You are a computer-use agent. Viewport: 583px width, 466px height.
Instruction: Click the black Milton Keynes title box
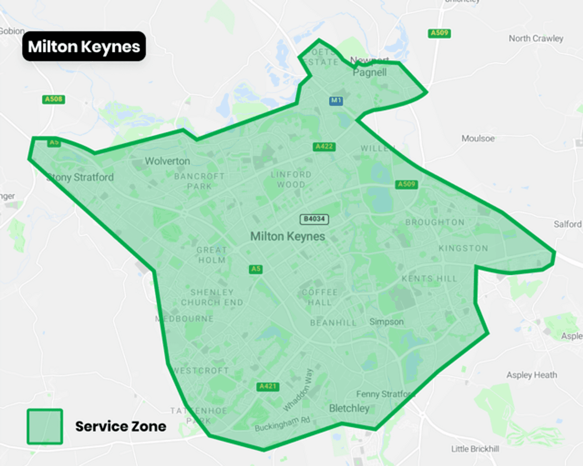tap(84, 46)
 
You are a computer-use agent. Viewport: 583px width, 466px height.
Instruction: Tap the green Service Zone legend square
tap(45, 426)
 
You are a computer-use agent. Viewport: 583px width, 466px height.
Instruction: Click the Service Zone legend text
tap(120, 426)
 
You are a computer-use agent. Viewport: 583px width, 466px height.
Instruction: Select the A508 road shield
tap(54, 99)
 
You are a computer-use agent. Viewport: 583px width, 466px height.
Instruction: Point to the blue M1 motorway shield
tap(336, 101)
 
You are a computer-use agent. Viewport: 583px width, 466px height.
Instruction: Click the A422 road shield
tap(324, 147)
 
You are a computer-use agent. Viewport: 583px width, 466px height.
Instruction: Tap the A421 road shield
tap(269, 386)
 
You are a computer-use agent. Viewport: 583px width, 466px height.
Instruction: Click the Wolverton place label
tap(167, 161)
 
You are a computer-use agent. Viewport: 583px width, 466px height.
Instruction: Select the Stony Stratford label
tap(80, 177)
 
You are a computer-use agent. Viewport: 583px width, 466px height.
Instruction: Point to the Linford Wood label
tap(291, 180)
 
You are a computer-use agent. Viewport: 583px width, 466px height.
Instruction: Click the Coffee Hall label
tap(320, 297)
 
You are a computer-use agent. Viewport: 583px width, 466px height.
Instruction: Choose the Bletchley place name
tap(349, 408)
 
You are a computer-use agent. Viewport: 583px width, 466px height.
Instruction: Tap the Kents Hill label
tap(429, 279)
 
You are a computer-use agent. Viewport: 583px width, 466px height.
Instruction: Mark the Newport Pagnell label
tap(369, 67)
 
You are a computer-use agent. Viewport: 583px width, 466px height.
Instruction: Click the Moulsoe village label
tap(478, 138)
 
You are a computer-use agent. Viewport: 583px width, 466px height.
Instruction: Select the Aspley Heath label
tap(531, 375)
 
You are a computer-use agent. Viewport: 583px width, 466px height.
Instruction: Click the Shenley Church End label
tap(212, 297)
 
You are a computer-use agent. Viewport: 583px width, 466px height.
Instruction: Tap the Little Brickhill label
tap(475, 449)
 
